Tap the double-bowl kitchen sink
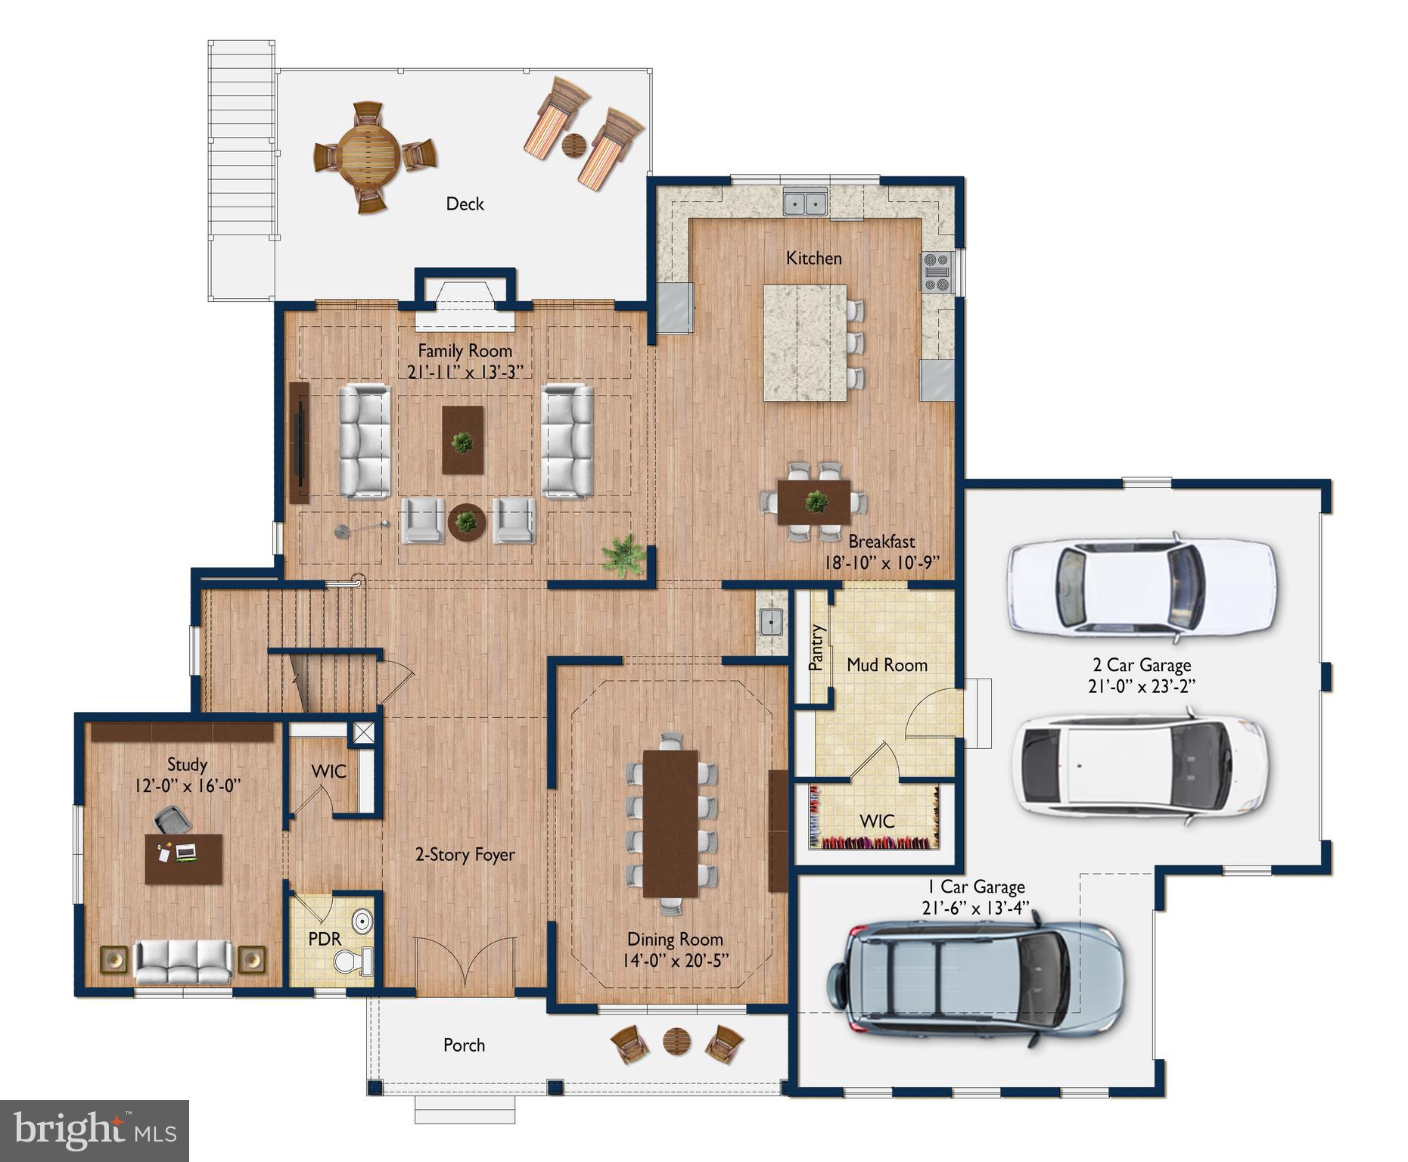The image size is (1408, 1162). (805, 203)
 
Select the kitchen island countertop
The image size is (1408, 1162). (804, 343)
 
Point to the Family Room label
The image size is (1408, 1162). (465, 351)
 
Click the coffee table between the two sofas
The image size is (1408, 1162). (462, 440)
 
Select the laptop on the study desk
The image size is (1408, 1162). (185, 852)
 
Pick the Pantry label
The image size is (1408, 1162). (816, 648)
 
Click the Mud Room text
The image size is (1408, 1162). (887, 665)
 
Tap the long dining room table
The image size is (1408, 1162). (670, 823)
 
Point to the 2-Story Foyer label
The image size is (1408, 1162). (465, 855)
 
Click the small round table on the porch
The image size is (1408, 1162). (676, 1042)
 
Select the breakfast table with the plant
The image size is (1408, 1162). (814, 502)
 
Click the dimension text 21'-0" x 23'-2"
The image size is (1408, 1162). (1142, 685)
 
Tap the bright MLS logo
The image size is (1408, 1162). (95, 1131)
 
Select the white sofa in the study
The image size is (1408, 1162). (182, 962)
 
